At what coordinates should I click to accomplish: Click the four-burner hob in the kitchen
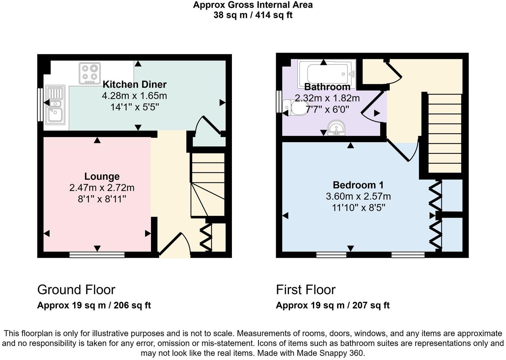90,73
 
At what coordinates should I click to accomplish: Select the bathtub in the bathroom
326,73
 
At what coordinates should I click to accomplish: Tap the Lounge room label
102,176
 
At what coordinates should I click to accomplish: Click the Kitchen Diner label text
135,84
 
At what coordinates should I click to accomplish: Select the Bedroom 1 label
358,185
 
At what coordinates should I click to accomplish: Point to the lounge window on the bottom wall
97,255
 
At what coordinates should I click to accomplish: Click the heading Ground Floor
76,290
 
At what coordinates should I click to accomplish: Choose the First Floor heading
305,290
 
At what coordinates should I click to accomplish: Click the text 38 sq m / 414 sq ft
253,15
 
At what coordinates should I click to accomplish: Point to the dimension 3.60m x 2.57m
358,196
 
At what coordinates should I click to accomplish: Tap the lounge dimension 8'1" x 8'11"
102,199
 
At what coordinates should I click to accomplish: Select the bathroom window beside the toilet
279,101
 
